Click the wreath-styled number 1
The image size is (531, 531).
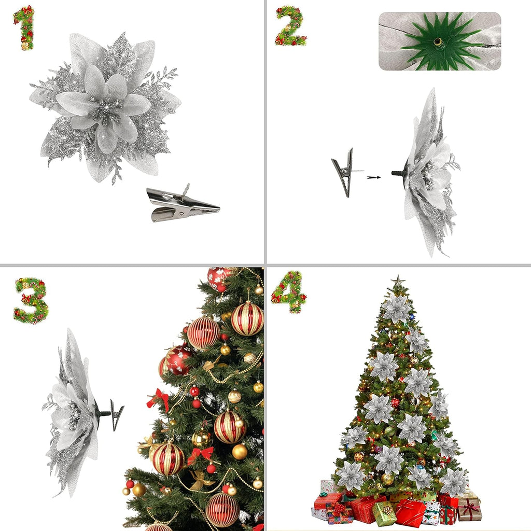click(x=24, y=28)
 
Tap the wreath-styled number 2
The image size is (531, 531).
click(x=290, y=26)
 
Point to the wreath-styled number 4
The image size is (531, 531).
click(x=288, y=292)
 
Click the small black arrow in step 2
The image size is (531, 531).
click(x=373, y=177)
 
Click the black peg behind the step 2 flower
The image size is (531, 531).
click(x=399, y=172)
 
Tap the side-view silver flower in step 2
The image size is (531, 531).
click(x=430, y=174)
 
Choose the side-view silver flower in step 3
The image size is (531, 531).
click(x=73, y=412)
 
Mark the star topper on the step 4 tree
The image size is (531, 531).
click(x=398, y=281)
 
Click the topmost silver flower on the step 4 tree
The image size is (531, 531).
click(x=397, y=309)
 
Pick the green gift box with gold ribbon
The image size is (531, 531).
click(x=384, y=513)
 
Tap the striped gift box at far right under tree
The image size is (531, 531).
click(x=469, y=509)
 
